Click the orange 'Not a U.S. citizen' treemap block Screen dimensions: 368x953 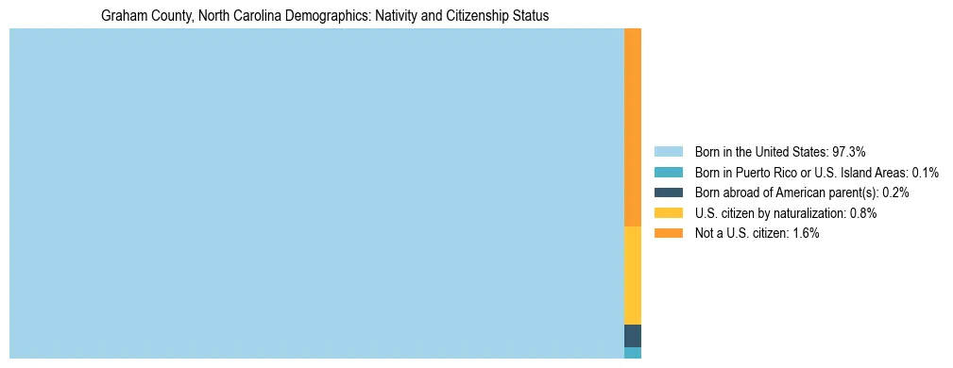[633, 127]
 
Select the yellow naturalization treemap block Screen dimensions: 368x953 [633, 276]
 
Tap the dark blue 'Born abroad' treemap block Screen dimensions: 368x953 [633, 335]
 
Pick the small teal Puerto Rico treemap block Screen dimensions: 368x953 [633, 353]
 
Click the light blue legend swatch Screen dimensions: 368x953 [668, 151]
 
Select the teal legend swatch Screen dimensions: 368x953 [668, 172]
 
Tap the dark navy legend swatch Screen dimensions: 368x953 [668, 192]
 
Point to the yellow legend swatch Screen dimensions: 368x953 [668, 213]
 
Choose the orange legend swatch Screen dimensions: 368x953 [668, 233]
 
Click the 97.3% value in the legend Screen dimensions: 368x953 [848, 151]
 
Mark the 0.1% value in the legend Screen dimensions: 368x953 [925, 172]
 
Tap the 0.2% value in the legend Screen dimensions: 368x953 [896, 192]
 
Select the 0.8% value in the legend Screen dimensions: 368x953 [863, 213]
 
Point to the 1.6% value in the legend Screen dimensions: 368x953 [806, 233]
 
